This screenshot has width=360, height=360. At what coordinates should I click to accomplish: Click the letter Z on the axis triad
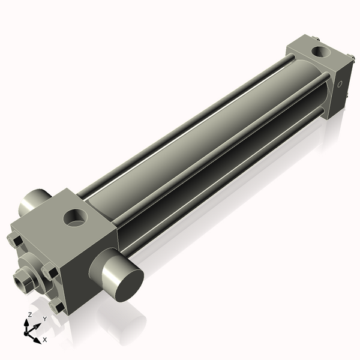(x=29, y=315)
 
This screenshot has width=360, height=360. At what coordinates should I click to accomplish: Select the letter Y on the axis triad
(x=44, y=319)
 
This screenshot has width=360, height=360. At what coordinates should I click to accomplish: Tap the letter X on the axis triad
(x=45, y=340)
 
